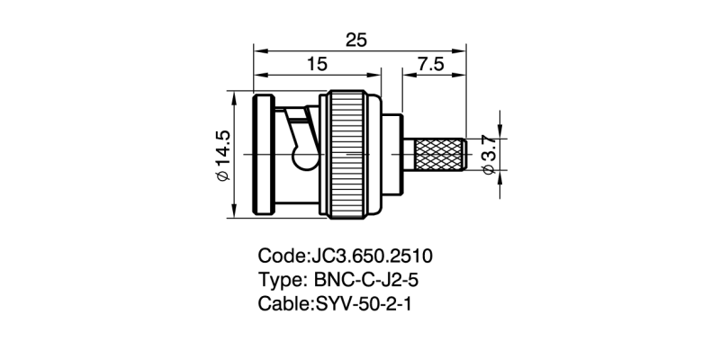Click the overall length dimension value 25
pyautogui.click(x=356, y=39)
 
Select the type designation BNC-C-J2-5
pyautogui.click(x=370, y=280)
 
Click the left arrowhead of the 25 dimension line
pyautogui.click(x=259, y=50)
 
